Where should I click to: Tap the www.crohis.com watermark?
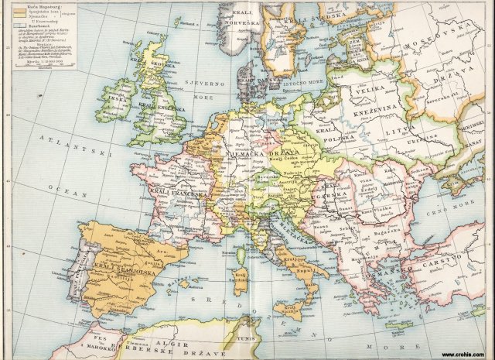pos(463,353)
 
